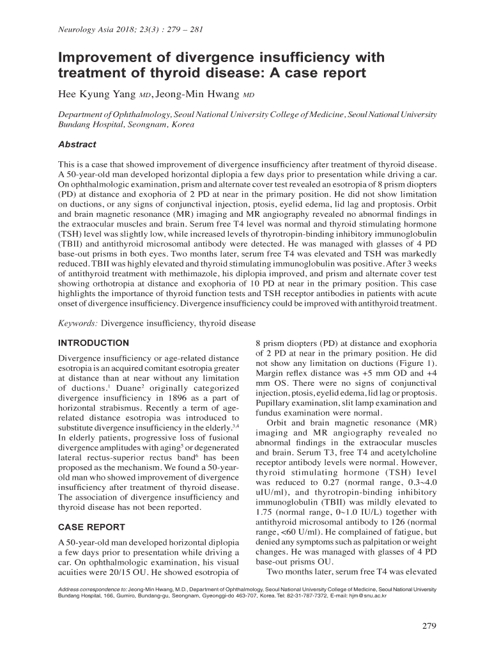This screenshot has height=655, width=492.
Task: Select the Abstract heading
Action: click(x=77, y=145)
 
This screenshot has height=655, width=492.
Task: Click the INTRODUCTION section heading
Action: click(x=93, y=343)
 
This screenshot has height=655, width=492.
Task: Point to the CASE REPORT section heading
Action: click(x=91, y=527)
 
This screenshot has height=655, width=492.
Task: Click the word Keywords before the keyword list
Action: click(x=77, y=323)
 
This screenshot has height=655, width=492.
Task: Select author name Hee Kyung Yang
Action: click(x=98, y=95)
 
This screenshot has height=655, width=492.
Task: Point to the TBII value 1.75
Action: click(x=265, y=512)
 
